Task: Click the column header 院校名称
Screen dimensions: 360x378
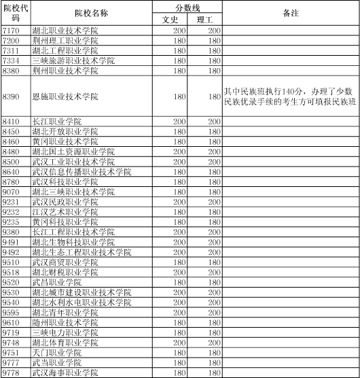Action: coord(93,14)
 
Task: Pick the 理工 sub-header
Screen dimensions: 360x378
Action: coord(204,20)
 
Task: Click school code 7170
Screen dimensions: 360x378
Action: coord(11,31)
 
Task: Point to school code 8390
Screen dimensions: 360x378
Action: coord(11,96)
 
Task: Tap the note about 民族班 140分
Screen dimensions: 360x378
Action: coord(289,96)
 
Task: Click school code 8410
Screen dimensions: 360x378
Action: coord(11,121)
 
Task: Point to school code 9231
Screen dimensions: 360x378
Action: coord(11,202)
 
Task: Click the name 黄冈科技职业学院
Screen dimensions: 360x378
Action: coord(65,222)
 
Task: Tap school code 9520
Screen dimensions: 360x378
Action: coord(11,282)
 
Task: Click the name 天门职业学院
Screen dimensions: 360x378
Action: coord(57,353)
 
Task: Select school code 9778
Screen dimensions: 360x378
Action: coord(11,373)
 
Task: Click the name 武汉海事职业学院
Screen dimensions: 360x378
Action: coord(65,373)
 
